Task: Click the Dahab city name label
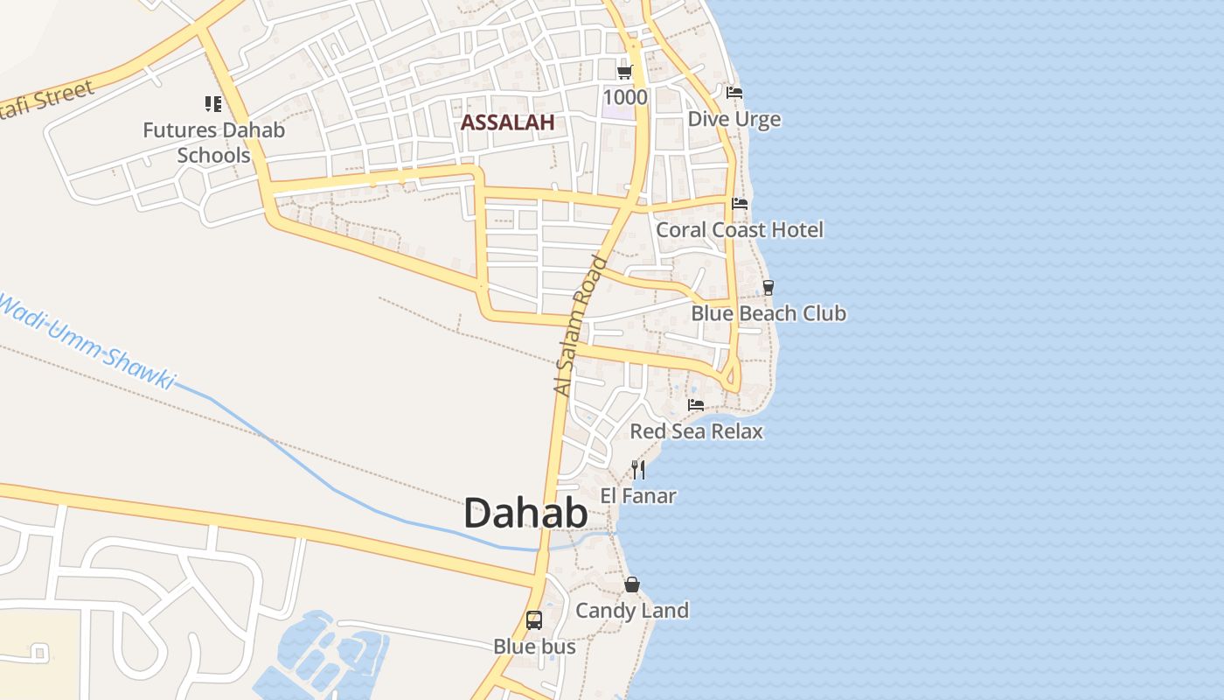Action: click(525, 514)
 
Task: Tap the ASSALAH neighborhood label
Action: click(507, 122)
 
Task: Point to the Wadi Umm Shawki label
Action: click(87, 341)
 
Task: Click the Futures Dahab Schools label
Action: click(214, 143)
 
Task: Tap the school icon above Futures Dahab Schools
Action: click(213, 105)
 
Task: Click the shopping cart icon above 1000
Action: click(624, 72)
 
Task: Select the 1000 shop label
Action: click(624, 96)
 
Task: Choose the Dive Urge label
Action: click(734, 119)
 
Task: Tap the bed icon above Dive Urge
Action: click(734, 93)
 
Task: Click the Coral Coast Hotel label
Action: click(740, 229)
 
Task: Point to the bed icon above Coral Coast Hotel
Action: click(740, 204)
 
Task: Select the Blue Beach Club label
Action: click(768, 312)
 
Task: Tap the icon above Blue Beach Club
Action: click(768, 287)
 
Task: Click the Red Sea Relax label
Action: click(696, 430)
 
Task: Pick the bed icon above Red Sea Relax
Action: click(696, 405)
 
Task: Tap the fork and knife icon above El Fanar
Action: click(638, 470)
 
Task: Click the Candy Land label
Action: click(632, 610)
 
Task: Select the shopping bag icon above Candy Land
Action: click(632, 584)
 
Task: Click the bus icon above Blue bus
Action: click(534, 620)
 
